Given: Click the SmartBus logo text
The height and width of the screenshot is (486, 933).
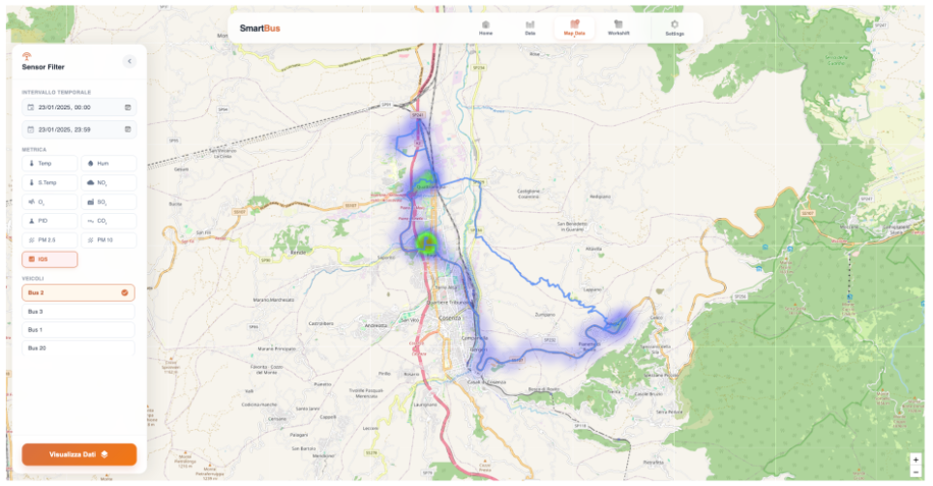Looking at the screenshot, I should pos(260,28).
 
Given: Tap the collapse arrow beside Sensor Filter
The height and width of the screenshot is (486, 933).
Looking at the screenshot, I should pos(130,61).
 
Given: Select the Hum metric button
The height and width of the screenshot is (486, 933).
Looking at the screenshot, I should pos(108,164).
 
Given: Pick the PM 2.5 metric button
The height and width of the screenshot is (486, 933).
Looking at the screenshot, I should pos(49,240).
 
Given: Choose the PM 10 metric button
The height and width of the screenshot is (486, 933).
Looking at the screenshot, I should pos(108,240).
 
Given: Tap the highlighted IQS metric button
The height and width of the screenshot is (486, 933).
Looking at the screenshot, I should pos(49,259).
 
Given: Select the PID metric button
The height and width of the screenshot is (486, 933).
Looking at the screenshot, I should pos(49,221).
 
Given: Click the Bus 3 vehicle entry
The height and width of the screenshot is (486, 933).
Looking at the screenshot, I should pos(78,312).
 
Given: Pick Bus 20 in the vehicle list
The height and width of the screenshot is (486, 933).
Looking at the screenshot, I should pos(78,348).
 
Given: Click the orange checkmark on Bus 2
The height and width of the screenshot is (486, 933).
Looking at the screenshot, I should pos(125,292).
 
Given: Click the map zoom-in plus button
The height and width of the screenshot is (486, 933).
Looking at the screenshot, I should pos(916,459).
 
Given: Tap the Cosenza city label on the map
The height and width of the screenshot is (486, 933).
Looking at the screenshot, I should pos(450,318).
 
